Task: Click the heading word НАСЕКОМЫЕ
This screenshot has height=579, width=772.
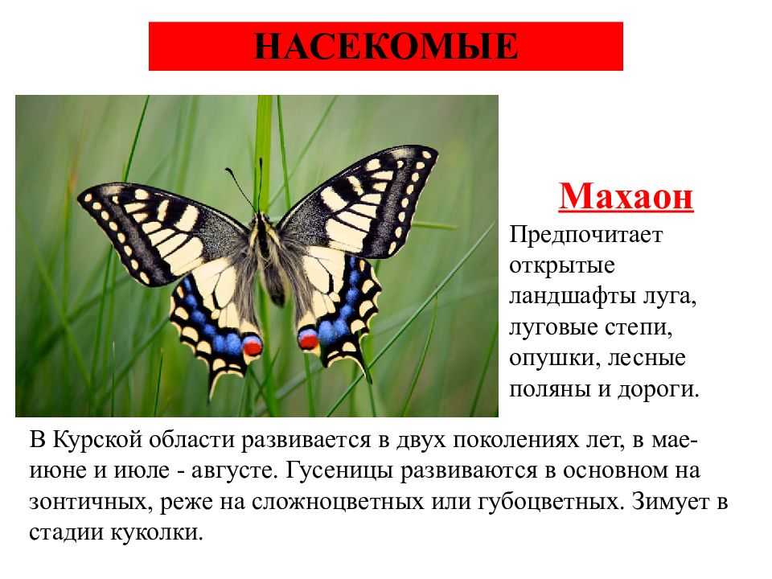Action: pos(385,47)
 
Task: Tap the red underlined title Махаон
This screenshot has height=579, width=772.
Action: pos(626,197)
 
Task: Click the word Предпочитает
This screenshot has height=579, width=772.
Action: pos(586,235)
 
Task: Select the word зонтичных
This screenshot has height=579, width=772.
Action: pos(88,502)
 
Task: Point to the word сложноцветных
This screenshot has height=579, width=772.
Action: pos(337,502)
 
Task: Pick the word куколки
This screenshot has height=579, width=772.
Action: pos(157,532)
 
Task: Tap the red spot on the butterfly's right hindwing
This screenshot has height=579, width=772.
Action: pos(308,339)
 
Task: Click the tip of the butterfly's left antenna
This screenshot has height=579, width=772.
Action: pos(228,170)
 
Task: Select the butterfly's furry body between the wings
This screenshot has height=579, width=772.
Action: pos(269,256)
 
